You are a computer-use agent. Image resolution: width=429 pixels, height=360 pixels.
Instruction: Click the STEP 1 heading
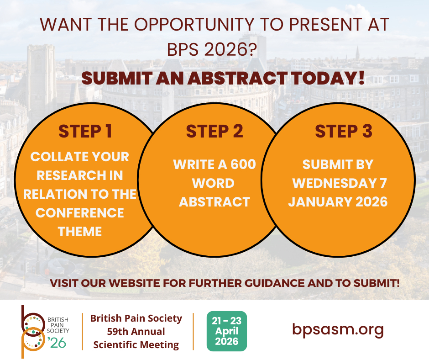click(x=85, y=131)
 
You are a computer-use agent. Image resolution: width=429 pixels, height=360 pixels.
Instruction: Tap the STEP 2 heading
click(x=214, y=131)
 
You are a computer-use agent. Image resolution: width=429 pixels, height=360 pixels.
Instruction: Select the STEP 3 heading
click(x=344, y=131)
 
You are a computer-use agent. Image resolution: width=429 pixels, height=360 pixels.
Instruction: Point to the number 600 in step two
click(x=243, y=164)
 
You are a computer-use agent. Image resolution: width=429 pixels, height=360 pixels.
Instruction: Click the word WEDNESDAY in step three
click(x=335, y=183)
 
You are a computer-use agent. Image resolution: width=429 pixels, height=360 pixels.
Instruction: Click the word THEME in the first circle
click(x=79, y=232)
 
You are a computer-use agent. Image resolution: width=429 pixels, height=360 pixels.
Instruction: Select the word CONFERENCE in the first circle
click(x=79, y=213)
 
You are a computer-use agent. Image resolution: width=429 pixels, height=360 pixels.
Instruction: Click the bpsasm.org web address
click(x=338, y=330)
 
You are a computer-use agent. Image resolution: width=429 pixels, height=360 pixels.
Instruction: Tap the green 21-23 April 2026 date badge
click(x=226, y=331)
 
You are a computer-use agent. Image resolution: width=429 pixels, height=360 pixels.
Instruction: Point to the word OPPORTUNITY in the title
click(x=194, y=24)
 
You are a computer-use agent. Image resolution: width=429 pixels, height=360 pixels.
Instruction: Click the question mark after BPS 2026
click(x=252, y=50)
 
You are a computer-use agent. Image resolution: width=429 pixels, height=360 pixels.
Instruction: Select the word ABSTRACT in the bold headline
click(x=237, y=79)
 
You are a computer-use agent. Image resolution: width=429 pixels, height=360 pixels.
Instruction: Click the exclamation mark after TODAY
click(x=361, y=78)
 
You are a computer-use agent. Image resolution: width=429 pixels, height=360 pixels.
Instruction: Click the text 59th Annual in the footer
click(x=136, y=332)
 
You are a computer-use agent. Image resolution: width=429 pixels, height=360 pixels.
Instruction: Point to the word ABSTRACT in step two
click(x=214, y=202)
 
